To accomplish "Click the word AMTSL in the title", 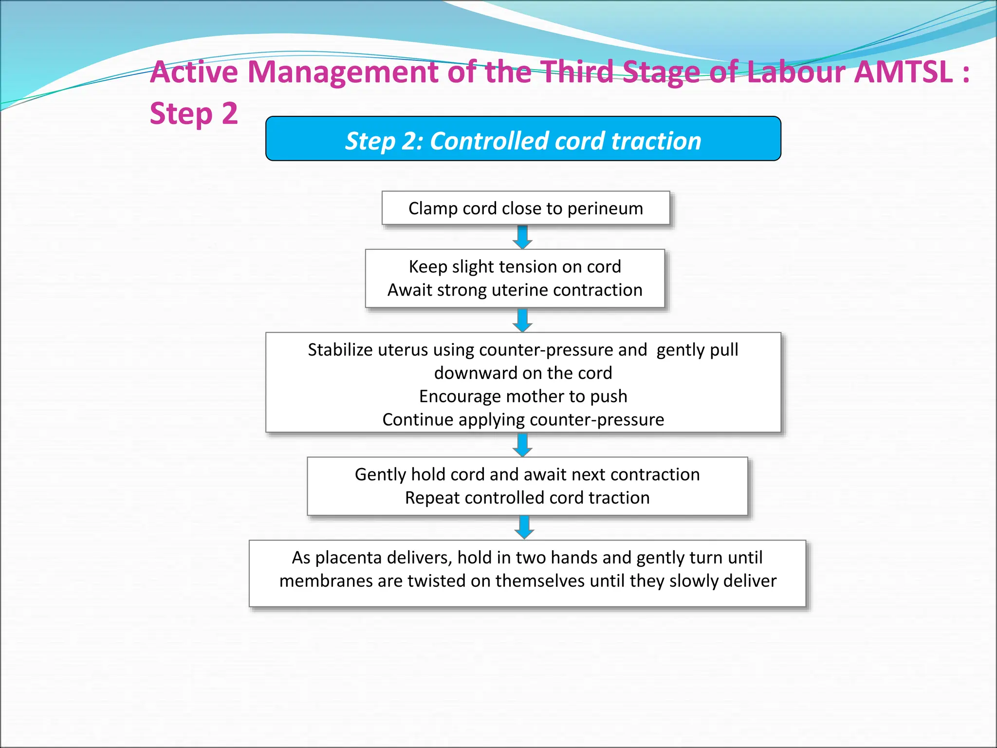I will click(903, 72).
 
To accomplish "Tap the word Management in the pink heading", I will click(343, 72).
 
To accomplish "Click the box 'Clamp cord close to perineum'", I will click(525, 208).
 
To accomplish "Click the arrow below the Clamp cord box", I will click(522, 237).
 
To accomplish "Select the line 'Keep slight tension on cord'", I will click(515, 267).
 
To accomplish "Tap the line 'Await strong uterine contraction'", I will click(515, 290).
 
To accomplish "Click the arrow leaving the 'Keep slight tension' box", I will click(522, 320).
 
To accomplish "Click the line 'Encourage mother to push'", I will click(523, 396).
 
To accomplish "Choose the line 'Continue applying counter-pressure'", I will click(523, 420).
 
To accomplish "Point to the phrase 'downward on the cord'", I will click(523, 373).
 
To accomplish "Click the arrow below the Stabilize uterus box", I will click(522, 445).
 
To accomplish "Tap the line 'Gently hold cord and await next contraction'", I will click(527, 474).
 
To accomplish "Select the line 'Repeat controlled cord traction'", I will click(527, 498).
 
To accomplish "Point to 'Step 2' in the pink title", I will click(194, 114).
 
